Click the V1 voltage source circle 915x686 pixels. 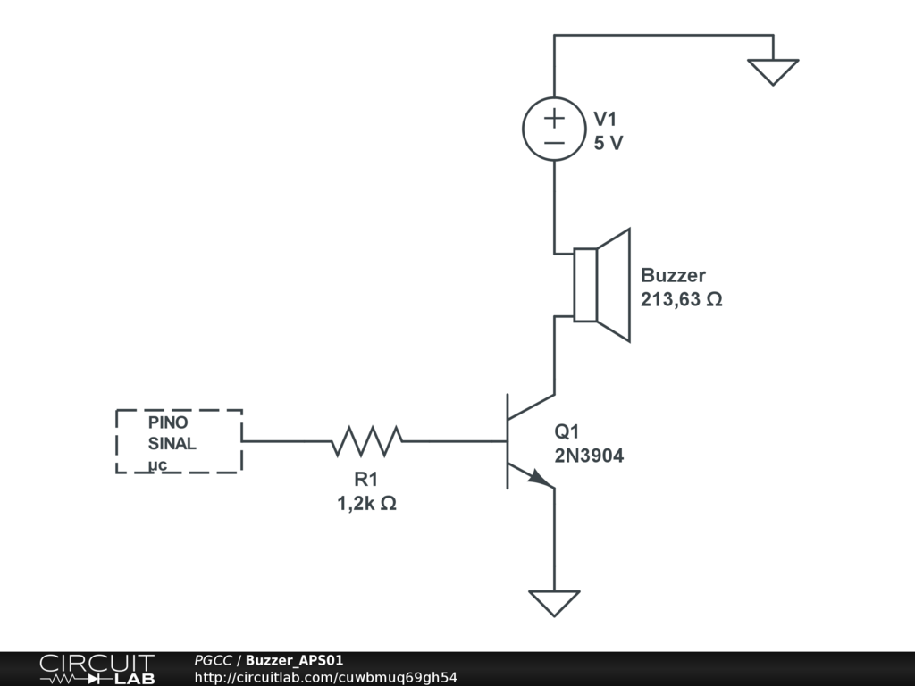(x=554, y=130)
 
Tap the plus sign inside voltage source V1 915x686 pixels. (x=554, y=117)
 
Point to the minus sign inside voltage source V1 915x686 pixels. (x=554, y=143)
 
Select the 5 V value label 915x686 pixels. (x=609, y=143)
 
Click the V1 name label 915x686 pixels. (x=606, y=120)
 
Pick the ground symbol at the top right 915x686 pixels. (x=772, y=71)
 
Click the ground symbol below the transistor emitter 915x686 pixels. (x=554, y=602)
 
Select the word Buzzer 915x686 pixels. (x=673, y=276)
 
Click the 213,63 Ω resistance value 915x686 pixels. (x=681, y=300)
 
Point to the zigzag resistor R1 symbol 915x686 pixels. (x=366, y=440)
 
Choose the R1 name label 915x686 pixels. (x=366, y=480)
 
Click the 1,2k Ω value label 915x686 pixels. (x=366, y=504)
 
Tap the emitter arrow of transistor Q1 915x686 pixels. (x=539, y=478)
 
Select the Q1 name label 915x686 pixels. (x=568, y=432)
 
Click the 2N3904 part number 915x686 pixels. (x=589, y=456)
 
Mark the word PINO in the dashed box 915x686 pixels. (x=168, y=422)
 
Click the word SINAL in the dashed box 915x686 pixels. (x=172, y=444)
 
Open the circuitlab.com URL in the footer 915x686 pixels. (x=325, y=677)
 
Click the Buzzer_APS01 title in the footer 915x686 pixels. (x=294, y=660)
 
